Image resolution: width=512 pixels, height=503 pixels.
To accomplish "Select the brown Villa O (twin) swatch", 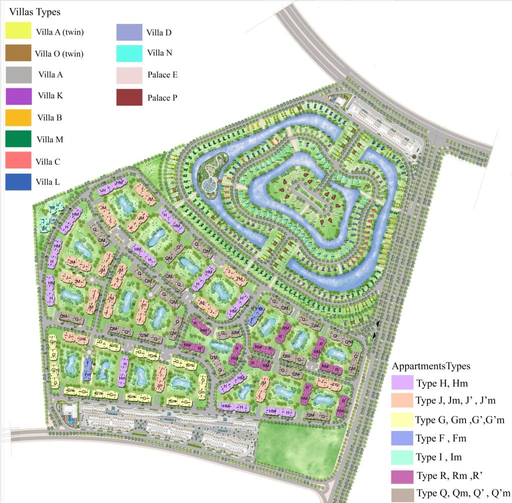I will tap(18, 53).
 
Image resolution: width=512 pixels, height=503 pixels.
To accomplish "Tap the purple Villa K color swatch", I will tap(18, 96).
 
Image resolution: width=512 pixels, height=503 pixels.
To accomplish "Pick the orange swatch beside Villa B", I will tap(18, 117).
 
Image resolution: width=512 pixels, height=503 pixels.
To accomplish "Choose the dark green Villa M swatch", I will tap(18, 139).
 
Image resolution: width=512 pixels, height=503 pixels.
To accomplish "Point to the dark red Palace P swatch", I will tap(129, 97).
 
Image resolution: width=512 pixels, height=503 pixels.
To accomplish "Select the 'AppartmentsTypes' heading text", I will tap(431, 366).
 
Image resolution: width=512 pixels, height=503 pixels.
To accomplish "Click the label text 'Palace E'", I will tap(162, 75).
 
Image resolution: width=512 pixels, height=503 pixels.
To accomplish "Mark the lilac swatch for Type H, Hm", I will tap(402, 383).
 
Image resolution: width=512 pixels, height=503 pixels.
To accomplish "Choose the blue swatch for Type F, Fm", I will tap(402, 438).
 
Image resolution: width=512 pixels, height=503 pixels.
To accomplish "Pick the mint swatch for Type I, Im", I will tap(402, 457).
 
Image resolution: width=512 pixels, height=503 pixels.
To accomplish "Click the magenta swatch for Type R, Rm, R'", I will tap(402, 475).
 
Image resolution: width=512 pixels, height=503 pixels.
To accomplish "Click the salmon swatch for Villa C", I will tap(18, 160).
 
